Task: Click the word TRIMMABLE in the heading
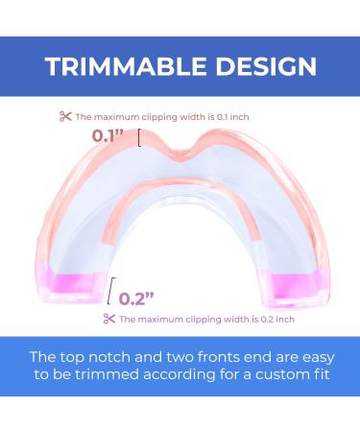point(126,66)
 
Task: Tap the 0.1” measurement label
point(108,136)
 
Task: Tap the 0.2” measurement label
point(137,298)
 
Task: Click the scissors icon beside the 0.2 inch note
point(109,319)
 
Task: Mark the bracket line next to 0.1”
point(140,138)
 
